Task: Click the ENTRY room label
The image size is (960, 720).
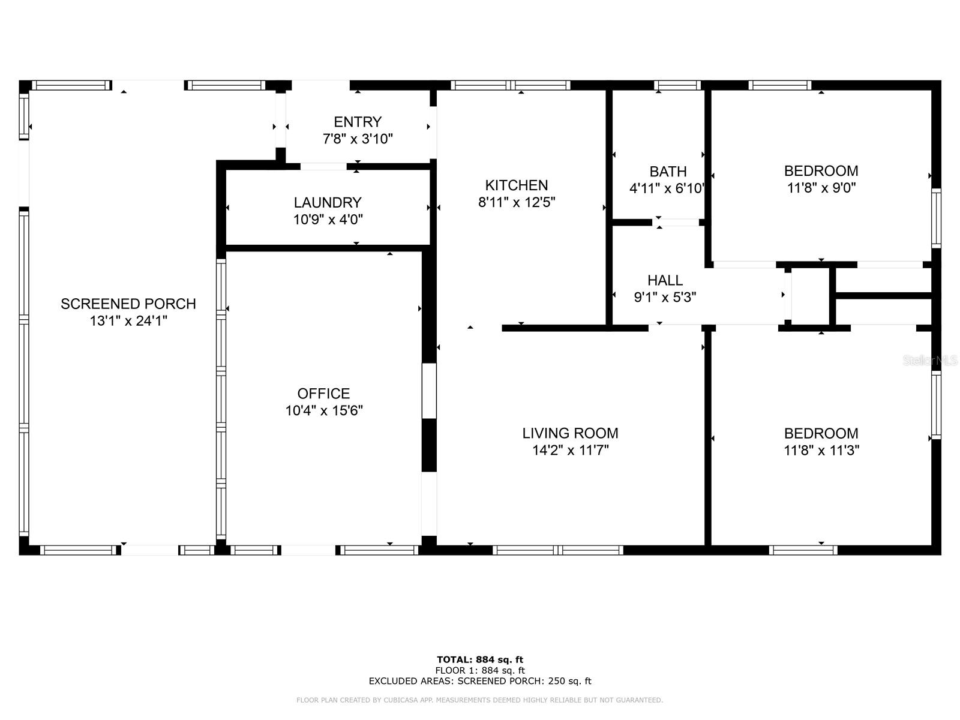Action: point(358,122)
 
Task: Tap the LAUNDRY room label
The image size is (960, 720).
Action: point(328,202)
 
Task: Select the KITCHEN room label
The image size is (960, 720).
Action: point(516,185)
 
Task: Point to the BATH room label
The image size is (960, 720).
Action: point(667,172)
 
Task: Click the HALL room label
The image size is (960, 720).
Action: point(665,280)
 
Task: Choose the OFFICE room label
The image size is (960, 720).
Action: point(323,394)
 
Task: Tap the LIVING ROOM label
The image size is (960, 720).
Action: point(570,433)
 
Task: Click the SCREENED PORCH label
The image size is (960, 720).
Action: point(128,304)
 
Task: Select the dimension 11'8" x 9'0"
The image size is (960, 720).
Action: point(821,188)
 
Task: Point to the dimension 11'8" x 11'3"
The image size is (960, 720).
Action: point(821,450)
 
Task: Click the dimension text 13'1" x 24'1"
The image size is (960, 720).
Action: point(128,321)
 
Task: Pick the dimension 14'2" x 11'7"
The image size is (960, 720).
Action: point(570,450)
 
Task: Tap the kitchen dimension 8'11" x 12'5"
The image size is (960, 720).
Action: point(516,202)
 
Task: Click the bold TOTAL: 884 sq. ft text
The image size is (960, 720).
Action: point(480,659)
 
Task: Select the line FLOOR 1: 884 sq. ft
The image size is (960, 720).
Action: point(480,670)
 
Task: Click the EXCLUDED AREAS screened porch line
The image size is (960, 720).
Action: point(480,680)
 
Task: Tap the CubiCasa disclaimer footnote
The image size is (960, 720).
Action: point(480,700)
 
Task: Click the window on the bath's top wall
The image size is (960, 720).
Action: point(677,85)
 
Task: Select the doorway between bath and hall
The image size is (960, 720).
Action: point(678,223)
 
